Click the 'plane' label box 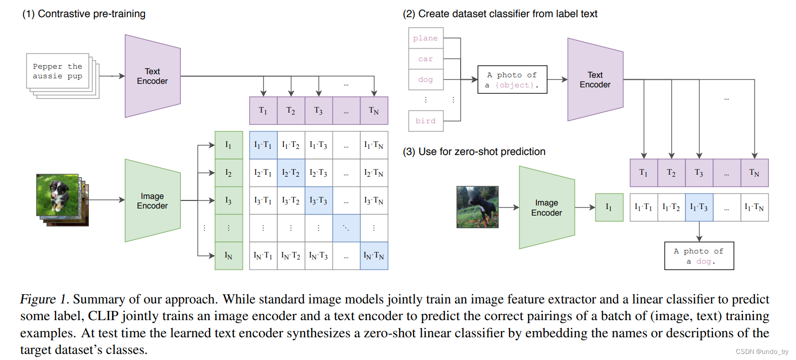(425, 38)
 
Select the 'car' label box (425, 59)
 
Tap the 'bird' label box (425, 121)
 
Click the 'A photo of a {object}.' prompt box (512, 80)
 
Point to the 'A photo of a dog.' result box (699, 256)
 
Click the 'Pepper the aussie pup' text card (58, 71)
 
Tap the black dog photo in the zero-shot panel (477, 207)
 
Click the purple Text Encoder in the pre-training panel (153, 76)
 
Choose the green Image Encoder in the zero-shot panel (546, 208)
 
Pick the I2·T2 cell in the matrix (291, 173)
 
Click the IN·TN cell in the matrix (374, 256)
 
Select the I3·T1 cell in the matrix (263, 200)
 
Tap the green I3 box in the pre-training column (228, 200)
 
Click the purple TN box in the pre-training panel (374, 111)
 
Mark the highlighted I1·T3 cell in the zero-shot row (699, 208)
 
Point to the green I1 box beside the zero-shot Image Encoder (609, 208)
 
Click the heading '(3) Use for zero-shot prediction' (474, 151)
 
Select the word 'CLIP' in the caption (103, 316)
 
